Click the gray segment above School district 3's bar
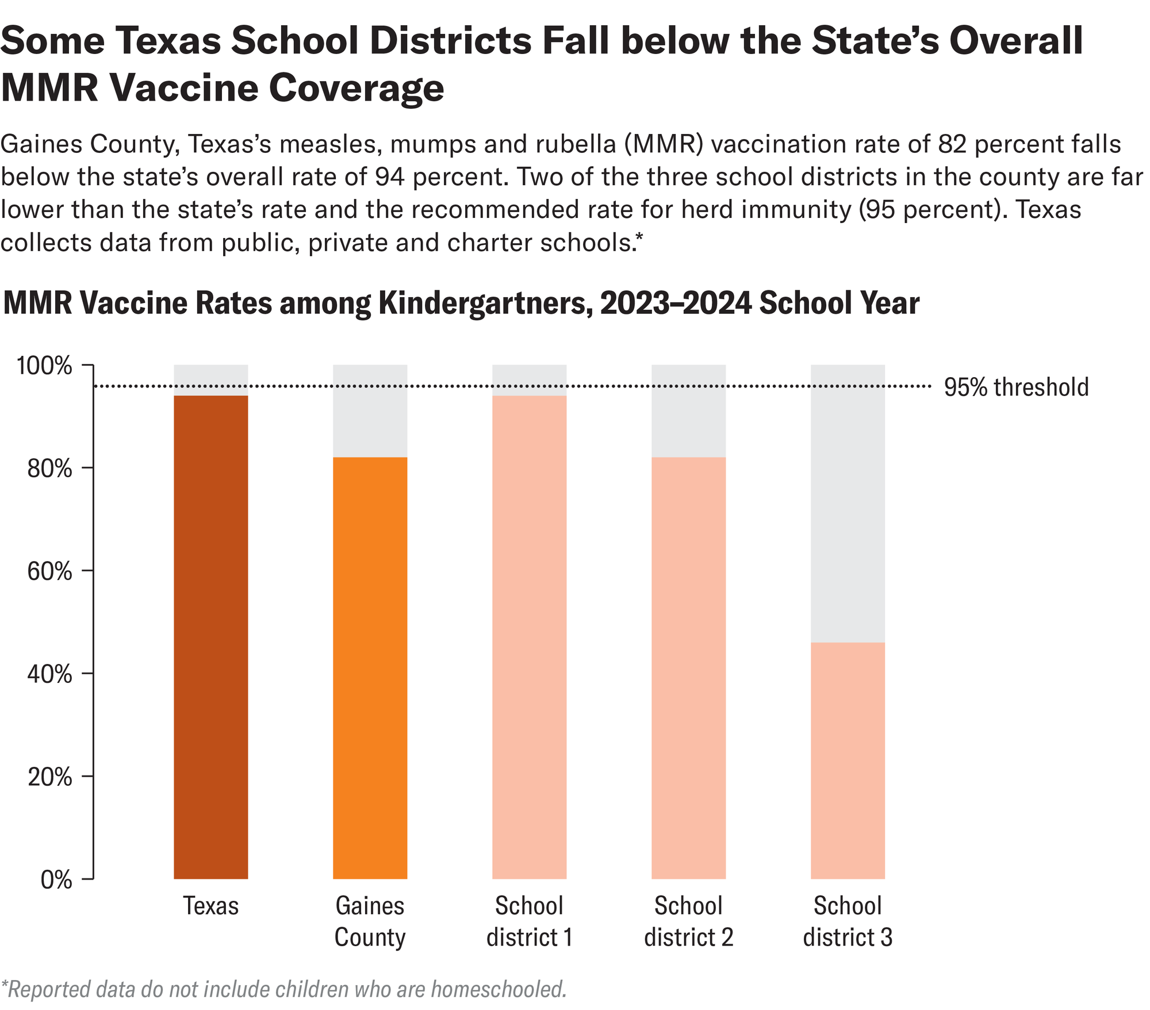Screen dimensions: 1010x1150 [848, 503]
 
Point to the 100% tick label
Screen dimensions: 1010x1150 [44, 366]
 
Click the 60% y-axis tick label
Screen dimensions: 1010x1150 [49, 571]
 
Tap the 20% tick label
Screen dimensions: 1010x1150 [49, 777]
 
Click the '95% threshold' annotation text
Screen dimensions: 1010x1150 [1016, 387]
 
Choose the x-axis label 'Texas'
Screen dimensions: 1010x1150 [210, 906]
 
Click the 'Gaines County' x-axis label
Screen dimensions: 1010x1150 [370, 921]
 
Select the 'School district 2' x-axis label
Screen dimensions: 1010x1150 [688, 921]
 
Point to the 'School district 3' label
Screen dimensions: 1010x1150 [848, 921]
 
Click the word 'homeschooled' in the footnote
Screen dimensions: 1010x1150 [497, 989]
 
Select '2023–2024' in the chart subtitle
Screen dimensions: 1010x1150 [676, 304]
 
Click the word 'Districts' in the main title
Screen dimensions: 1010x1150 [423, 41]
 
